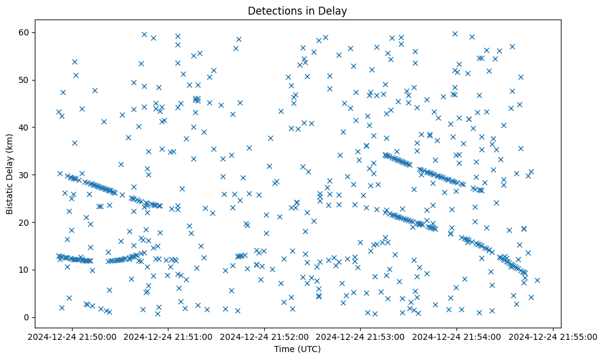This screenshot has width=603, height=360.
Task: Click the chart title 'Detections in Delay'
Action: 297,11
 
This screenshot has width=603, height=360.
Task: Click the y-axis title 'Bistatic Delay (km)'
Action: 10,173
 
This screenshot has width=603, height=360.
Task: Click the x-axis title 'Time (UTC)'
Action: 297,350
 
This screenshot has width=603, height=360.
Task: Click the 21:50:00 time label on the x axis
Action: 73,336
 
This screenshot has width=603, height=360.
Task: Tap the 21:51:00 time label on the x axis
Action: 169,336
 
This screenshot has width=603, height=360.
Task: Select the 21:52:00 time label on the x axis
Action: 265,336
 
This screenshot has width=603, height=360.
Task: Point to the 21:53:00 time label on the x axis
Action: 361,336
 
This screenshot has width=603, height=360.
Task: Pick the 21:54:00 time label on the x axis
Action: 457,336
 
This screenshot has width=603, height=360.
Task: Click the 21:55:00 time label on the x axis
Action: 553,336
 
